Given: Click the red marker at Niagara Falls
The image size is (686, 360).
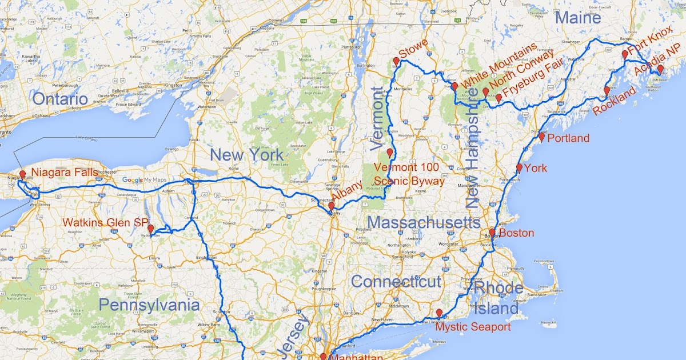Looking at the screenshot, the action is (22, 174).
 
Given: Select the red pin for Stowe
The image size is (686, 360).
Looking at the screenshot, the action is (396, 61).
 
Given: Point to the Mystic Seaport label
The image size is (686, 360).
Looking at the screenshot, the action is (473, 327).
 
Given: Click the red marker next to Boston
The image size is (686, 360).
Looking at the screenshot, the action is (492, 233).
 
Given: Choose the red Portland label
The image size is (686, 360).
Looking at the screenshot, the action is (568, 138).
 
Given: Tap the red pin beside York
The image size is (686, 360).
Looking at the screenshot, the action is (519, 167).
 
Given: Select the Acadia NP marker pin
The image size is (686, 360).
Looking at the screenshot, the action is (660, 69).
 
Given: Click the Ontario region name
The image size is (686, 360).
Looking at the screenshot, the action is (60, 99).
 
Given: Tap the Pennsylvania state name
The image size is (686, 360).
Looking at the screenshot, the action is (149, 305).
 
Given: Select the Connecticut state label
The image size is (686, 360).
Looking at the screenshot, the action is (396, 281).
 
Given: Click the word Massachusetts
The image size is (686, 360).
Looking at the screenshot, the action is (424, 222).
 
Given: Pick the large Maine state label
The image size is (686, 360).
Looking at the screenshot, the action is (578, 18).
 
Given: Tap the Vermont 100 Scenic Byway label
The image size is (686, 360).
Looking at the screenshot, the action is (409, 174).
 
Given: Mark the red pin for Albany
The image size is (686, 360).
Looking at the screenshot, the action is (331, 206).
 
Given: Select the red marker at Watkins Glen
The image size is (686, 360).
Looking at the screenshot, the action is (150, 228).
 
